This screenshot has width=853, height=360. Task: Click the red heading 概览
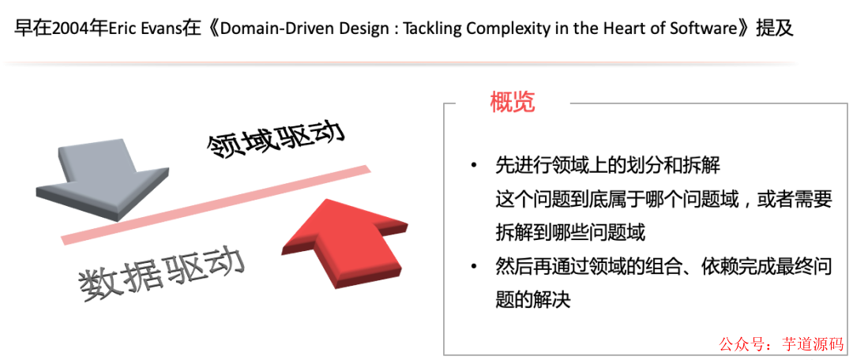513,102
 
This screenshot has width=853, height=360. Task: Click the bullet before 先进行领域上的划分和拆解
473,165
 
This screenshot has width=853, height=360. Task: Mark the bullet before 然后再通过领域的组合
473,266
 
